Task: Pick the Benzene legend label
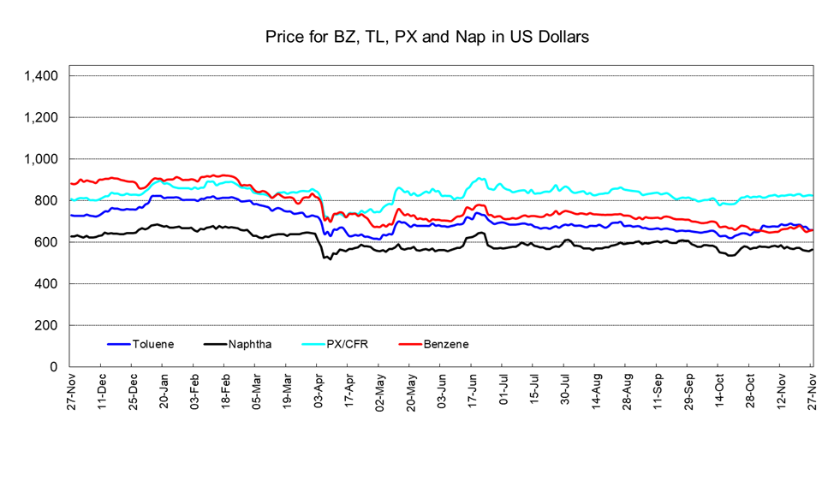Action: (445, 344)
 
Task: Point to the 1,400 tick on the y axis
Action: (41, 76)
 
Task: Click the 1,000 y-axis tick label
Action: (41, 159)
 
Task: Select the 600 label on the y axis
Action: (46, 242)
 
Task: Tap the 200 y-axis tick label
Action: (46, 325)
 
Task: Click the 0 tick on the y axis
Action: (53, 367)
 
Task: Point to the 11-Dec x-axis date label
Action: (103, 390)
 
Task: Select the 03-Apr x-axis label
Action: (319, 390)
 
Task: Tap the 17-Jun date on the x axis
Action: (473, 390)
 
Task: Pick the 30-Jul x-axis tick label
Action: (565, 390)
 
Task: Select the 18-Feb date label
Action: (226, 390)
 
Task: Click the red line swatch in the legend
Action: (410, 344)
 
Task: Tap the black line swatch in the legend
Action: (215, 344)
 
